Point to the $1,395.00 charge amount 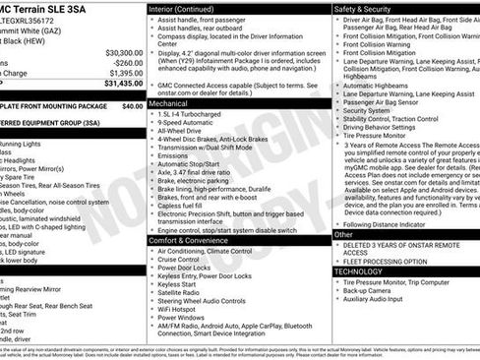(125, 73)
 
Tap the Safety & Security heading (363, 8)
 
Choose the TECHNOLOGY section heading (365, 271)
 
